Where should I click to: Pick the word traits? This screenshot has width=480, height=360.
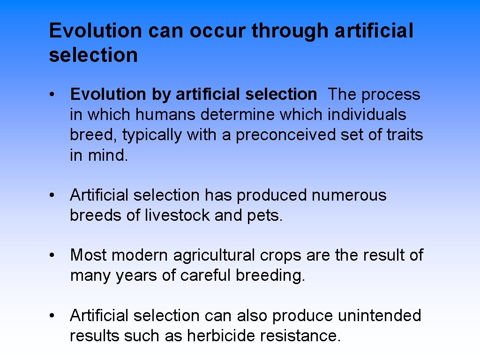click(x=404, y=135)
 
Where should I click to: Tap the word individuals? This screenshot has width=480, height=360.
click(x=367, y=115)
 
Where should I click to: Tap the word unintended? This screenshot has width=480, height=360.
click(x=379, y=316)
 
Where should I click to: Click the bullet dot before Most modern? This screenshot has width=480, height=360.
click(x=54, y=255)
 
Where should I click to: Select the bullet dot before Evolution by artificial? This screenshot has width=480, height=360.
click(x=54, y=95)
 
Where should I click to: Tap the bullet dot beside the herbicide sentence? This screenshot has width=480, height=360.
click(x=54, y=316)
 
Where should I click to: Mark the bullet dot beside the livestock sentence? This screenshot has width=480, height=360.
click(x=54, y=195)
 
